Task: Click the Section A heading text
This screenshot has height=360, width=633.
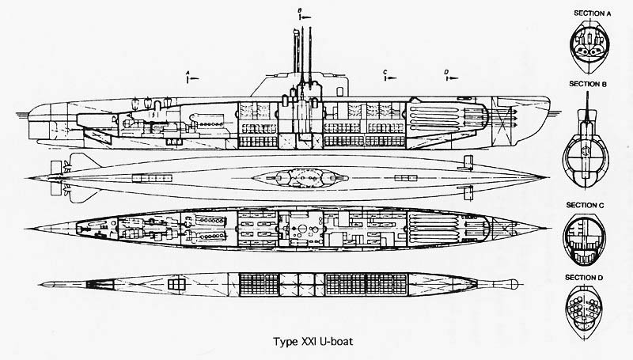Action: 592,13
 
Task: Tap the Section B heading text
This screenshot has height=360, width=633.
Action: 588,84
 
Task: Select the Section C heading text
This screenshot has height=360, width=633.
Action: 585,205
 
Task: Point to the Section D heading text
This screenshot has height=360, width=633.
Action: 584,278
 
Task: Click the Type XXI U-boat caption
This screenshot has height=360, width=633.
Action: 313,342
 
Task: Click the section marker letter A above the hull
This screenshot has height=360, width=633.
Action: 188,72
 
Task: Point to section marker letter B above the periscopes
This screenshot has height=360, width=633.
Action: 299,11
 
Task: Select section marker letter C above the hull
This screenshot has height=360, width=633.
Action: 385,72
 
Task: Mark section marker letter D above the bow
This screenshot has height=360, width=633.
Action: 446,72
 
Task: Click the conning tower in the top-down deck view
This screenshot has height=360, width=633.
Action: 300,177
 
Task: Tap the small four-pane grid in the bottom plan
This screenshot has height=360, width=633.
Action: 176,284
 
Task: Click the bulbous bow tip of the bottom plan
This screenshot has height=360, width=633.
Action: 514,284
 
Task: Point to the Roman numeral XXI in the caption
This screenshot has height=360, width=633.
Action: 309,342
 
